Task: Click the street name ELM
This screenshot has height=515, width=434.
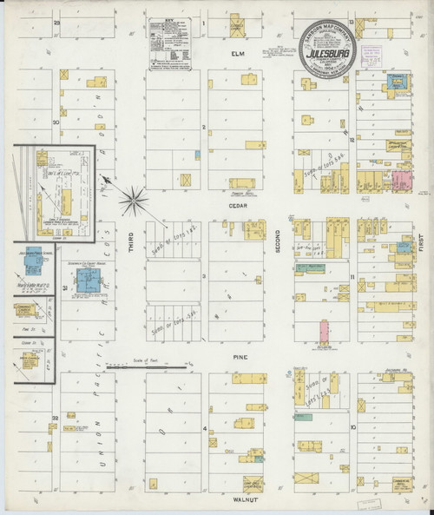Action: click(x=233, y=56)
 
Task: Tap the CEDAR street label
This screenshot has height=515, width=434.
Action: click(x=233, y=207)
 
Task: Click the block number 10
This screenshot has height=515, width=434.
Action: click(x=352, y=427)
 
